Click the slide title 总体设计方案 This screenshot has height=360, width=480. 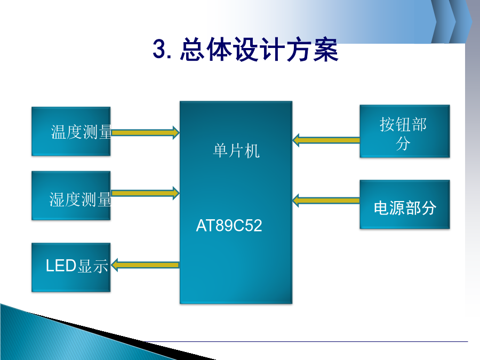point(259,49)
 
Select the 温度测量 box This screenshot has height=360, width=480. point(71,131)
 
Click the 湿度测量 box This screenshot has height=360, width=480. point(71,196)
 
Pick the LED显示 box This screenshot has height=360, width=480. point(71,267)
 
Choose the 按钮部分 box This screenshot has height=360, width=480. point(405,131)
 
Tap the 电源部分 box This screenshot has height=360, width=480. point(405,204)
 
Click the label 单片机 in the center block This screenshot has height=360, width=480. point(236,150)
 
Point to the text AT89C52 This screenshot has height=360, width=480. point(229,226)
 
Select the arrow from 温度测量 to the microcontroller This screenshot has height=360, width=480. point(146,133)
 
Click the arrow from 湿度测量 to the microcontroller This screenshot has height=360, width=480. point(146,193)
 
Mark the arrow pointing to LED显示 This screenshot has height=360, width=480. point(145,265)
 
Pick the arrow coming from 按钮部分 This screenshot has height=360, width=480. point(326,140)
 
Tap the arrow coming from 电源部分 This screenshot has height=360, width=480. point(326,201)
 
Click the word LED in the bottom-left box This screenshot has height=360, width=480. point(61,266)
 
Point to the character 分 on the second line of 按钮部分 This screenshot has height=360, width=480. point(403,143)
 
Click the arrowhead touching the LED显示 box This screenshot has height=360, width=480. point(115,265)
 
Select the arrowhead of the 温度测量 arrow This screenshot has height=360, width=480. point(176,133)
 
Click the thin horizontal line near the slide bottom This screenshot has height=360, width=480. point(307,341)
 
